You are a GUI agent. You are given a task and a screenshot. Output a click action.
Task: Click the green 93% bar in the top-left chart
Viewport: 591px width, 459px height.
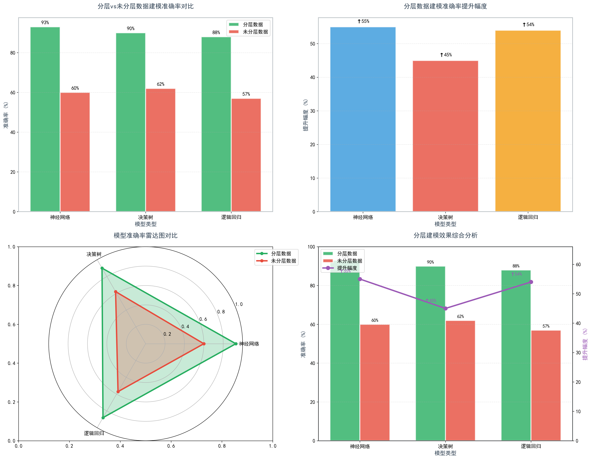coord(45,119)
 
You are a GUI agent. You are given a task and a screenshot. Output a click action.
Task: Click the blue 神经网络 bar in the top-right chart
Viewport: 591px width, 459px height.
coord(363,119)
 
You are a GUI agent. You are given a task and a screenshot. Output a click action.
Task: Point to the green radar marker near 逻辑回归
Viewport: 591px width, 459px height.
coord(103,418)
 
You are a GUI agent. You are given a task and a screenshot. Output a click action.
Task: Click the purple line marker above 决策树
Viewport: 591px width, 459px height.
coord(445,308)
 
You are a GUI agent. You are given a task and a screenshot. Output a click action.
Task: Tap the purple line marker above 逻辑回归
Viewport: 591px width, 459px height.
coord(531,282)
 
